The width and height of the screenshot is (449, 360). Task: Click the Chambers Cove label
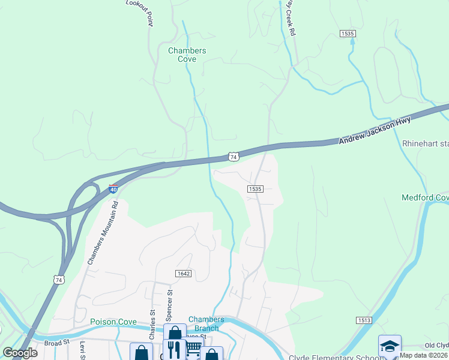(x=187, y=55)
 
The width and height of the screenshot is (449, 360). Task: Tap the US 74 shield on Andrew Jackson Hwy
(x=234, y=157)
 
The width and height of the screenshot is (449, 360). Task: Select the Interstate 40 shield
(x=113, y=189)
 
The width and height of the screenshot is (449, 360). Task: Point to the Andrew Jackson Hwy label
(x=375, y=130)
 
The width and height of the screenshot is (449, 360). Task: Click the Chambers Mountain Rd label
(x=103, y=233)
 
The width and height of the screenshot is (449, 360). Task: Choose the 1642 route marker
(x=183, y=274)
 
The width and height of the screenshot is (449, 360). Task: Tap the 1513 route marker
(x=363, y=320)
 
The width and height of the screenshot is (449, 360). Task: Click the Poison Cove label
(x=113, y=322)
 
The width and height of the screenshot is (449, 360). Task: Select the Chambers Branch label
(x=206, y=323)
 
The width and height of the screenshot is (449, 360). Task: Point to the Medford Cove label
(x=425, y=197)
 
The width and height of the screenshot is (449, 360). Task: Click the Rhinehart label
(x=425, y=144)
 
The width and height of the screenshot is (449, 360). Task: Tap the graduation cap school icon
(x=389, y=347)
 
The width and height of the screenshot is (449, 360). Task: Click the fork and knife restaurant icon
(x=174, y=350)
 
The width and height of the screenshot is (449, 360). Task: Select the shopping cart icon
(x=193, y=350)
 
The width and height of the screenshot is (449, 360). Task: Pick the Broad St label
(x=57, y=343)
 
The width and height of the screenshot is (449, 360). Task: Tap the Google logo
(x=20, y=352)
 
